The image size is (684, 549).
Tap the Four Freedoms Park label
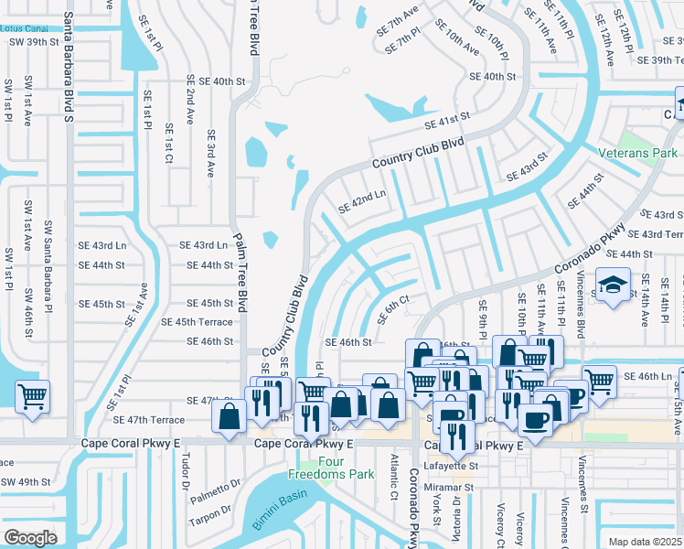point(317,468)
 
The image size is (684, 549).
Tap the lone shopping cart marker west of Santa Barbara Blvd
point(32,397)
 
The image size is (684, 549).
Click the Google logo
point(30,538)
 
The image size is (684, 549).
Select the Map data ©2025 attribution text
point(646,542)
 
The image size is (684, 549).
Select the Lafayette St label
point(476,466)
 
